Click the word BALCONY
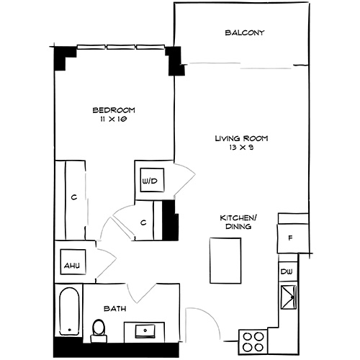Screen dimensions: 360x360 click(245, 33)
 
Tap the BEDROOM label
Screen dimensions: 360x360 click(114, 110)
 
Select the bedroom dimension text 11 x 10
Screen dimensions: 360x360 click(114, 120)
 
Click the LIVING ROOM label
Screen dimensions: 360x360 click(235, 138)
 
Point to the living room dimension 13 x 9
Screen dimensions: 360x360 click(235, 148)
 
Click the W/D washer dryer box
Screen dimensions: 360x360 click(150, 180)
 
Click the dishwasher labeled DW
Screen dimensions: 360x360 click(287, 271)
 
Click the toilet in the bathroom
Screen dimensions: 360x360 click(99, 330)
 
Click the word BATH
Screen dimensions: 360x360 click(115, 308)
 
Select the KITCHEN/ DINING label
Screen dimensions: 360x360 click(238, 221)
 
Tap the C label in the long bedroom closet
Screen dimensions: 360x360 click(73, 197)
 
